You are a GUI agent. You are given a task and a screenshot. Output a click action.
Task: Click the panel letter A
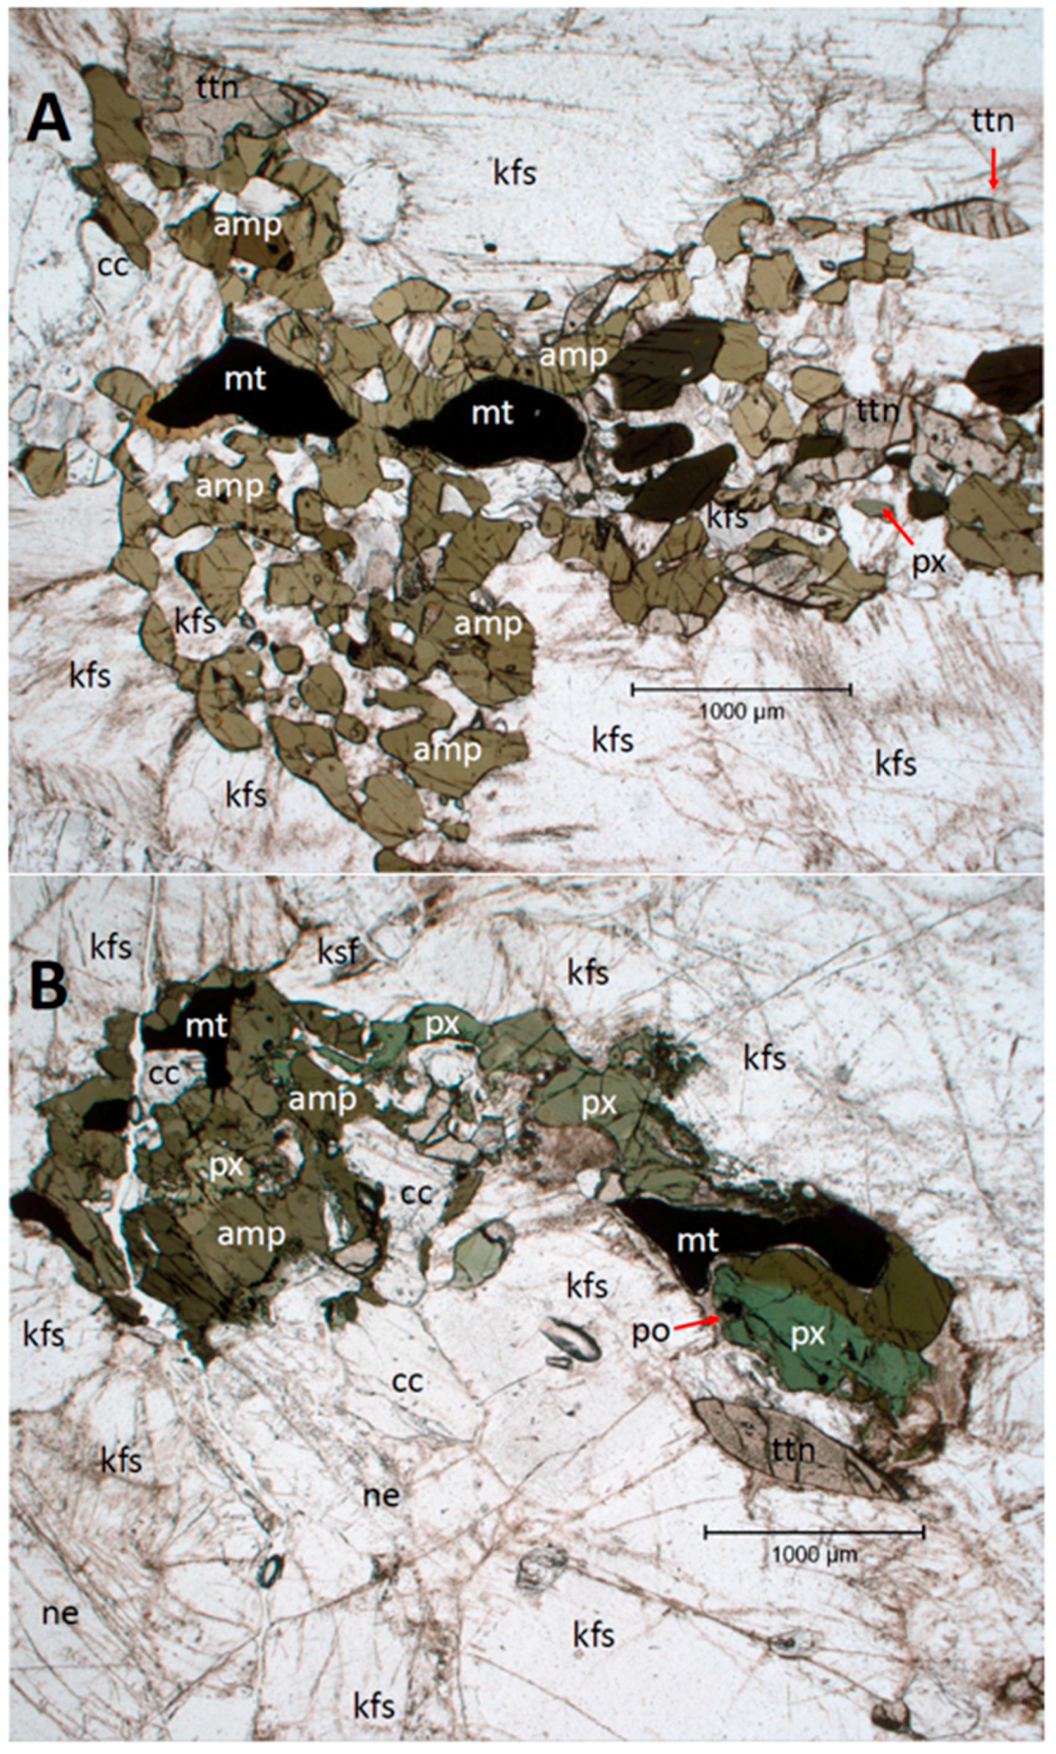coord(48,123)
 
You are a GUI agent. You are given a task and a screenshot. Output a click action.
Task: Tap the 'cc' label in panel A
coord(112,265)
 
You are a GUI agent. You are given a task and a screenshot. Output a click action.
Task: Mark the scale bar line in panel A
coord(742,688)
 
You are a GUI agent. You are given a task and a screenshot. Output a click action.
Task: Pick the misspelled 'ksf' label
coord(336,951)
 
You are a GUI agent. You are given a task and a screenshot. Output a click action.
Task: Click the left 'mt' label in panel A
coord(246,379)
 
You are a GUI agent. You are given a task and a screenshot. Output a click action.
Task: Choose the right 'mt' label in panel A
coord(492,413)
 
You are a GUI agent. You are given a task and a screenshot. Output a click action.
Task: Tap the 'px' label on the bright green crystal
coord(807,1336)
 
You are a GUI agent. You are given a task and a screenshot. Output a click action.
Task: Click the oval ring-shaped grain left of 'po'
coord(576,1341)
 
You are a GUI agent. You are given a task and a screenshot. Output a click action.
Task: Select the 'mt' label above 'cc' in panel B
coord(206,1026)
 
